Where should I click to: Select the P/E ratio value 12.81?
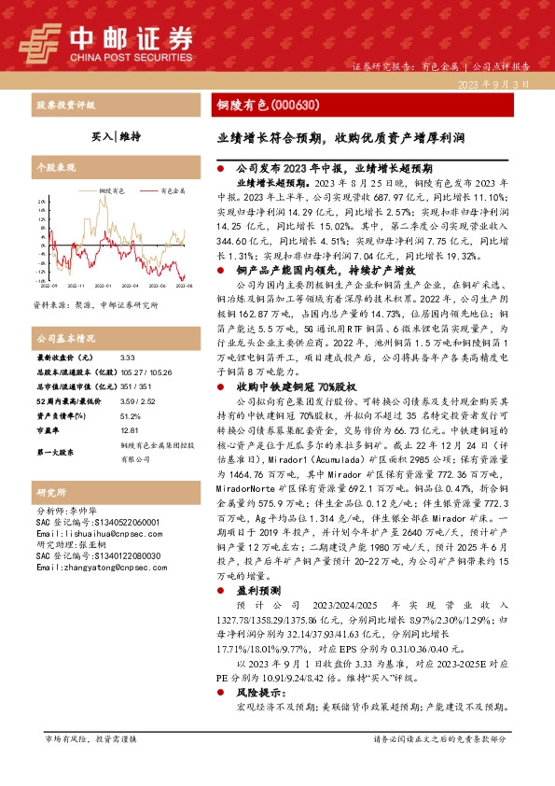click(x=130, y=430)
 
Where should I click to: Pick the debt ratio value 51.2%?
click(x=130, y=416)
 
